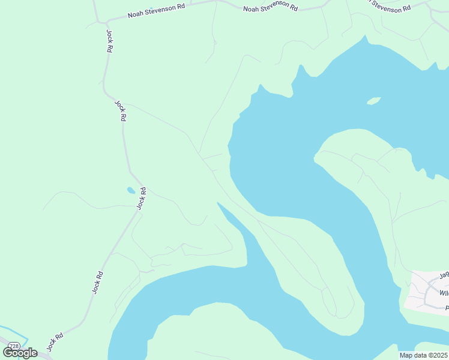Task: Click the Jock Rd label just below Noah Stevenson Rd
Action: pyautogui.click(x=109, y=41)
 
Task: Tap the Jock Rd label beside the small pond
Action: pyautogui.click(x=141, y=199)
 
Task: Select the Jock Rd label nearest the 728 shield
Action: pyautogui.click(x=55, y=343)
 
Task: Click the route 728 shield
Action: pyautogui.click(x=15, y=346)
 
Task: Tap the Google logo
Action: pyautogui.click(x=20, y=353)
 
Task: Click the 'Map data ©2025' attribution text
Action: pyautogui.click(x=423, y=355)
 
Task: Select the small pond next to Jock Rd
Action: pyautogui.click(x=130, y=191)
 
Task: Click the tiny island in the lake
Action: pyautogui.click(x=374, y=100)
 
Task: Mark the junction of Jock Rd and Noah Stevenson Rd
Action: pyautogui.click(x=106, y=21)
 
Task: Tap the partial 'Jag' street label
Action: pyautogui.click(x=444, y=275)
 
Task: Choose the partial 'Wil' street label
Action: pyautogui.click(x=444, y=293)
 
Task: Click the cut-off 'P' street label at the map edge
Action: pyautogui.click(x=447, y=307)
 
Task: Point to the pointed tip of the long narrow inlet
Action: pyautogui.click(x=218, y=203)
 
